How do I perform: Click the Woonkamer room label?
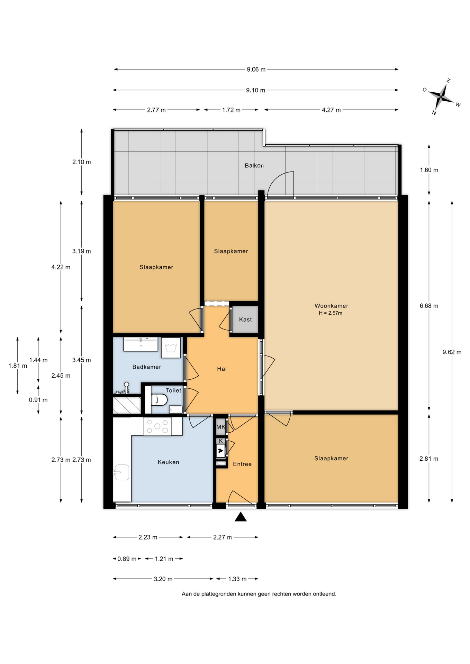click(331, 306)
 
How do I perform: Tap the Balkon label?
click(254, 166)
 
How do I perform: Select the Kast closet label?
click(245, 320)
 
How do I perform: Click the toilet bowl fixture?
click(159, 400)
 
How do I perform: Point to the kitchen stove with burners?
click(157, 426)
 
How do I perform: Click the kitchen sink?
click(121, 472)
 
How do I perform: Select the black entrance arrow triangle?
click(241, 517)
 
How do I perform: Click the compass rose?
click(442, 96)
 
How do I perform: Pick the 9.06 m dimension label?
click(256, 70)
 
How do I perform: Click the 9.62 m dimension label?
click(452, 352)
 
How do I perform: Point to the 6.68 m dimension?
click(429, 306)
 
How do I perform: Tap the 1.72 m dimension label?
click(231, 110)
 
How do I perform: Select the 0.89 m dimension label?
click(127, 559)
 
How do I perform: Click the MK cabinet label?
click(220, 427)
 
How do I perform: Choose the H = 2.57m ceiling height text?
click(331, 313)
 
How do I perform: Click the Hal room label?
click(222, 369)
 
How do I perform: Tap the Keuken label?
click(169, 462)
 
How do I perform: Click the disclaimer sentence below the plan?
click(259, 594)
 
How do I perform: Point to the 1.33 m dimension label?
click(237, 579)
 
